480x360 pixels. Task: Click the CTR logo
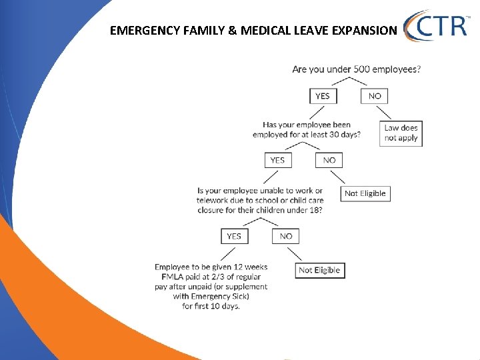click(436, 27)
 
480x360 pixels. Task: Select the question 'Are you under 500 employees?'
click(357, 69)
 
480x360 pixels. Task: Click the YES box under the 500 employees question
click(323, 96)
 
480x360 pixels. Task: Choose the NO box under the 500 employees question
click(375, 96)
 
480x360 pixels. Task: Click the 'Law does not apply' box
click(401, 133)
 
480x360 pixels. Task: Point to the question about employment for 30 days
click(307, 129)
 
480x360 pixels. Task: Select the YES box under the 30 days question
click(277, 160)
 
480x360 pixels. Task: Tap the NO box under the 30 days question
click(329, 160)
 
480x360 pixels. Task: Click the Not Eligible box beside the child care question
click(365, 193)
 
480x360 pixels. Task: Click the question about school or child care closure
click(260, 201)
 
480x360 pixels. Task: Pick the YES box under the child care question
click(234, 236)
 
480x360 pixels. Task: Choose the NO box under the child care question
click(286, 236)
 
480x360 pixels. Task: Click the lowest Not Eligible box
click(319, 270)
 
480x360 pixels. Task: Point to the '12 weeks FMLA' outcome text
click(211, 286)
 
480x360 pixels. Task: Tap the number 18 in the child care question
click(315, 210)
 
